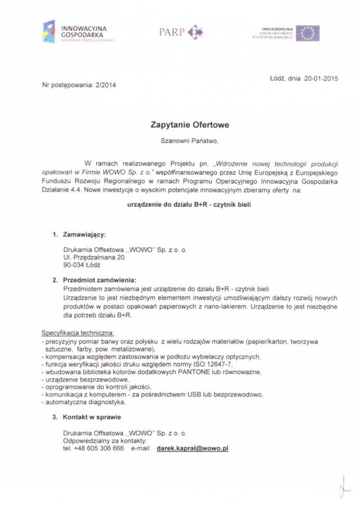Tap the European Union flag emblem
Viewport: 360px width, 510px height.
[x=308, y=33]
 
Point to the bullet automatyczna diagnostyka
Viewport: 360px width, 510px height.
[x=85, y=402]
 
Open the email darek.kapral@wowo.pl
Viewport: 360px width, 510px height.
[x=192, y=449]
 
